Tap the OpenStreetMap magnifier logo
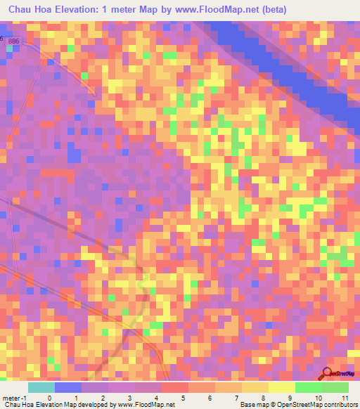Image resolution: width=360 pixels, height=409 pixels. click(326, 374)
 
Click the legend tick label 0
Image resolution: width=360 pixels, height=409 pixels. click(49, 397)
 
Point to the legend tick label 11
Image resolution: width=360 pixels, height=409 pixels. click(344, 397)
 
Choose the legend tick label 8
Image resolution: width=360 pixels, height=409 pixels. click(243, 397)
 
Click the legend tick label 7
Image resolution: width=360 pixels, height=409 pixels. click(216, 397)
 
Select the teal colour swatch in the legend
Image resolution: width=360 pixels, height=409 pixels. click(41, 387)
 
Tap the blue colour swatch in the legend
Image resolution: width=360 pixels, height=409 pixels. click(67, 387)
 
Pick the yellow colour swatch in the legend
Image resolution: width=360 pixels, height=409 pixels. click(281, 387)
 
